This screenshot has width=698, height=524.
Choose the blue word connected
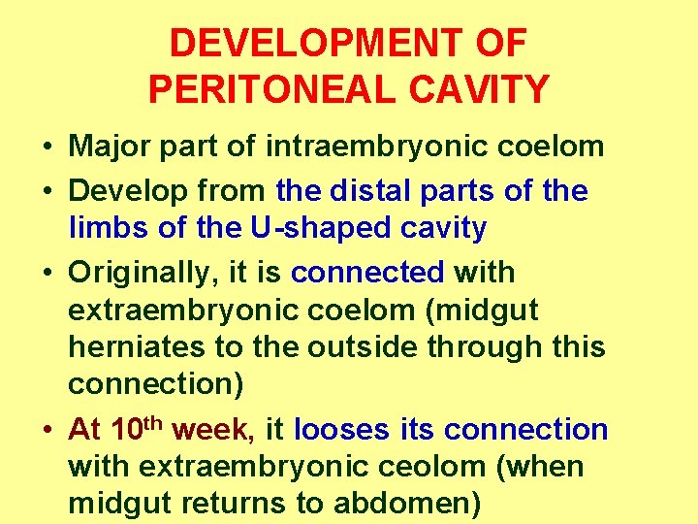pyautogui.click(x=368, y=272)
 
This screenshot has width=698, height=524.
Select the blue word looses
pyautogui.click(x=339, y=429)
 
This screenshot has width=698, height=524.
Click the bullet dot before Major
pyautogui.click(x=47, y=148)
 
